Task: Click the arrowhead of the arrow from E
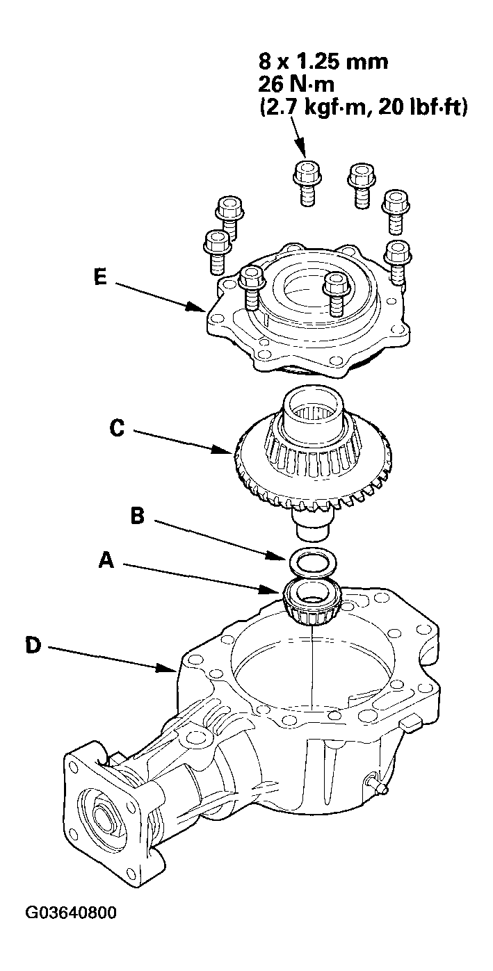point(203,309)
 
